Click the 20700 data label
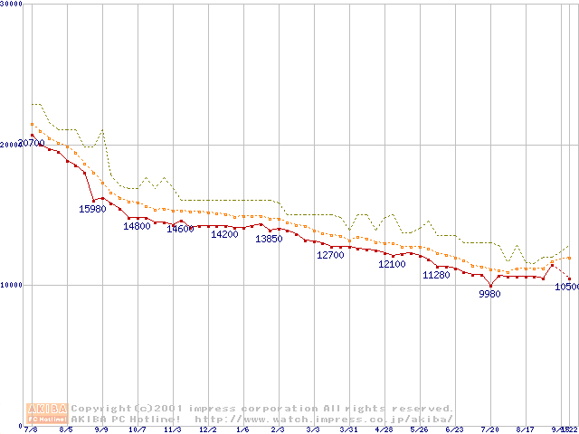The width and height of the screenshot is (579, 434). (x=32, y=144)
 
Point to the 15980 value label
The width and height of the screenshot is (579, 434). (x=93, y=209)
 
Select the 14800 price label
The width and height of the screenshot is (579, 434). (x=138, y=226)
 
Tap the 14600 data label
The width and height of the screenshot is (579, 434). (x=180, y=229)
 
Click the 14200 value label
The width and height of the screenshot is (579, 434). (x=224, y=234)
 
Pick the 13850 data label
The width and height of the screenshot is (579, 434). (x=269, y=239)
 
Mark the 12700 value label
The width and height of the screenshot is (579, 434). (x=330, y=255)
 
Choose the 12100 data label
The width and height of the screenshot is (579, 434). (x=392, y=264)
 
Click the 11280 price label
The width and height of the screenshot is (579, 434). (x=436, y=275)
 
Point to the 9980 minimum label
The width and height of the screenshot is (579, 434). (x=489, y=294)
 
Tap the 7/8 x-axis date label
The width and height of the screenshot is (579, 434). (x=32, y=429)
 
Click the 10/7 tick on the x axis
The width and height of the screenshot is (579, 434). (x=138, y=429)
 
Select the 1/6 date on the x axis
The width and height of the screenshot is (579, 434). (x=242, y=429)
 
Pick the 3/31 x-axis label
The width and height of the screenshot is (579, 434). (x=348, y=429)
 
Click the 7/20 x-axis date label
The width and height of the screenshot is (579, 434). (x=489, y=429)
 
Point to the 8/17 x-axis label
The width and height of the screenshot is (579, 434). (x=525, y=429)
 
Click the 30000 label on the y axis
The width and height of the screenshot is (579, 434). (x=12, y=5)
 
